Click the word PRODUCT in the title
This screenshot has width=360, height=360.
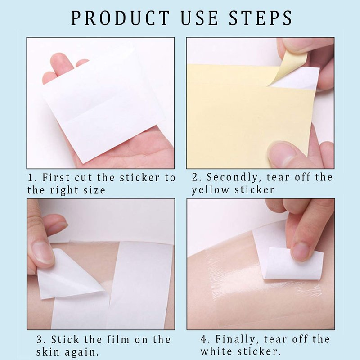[120, 18]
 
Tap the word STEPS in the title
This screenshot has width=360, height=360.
[261, 18]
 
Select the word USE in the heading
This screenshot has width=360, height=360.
[199, 18]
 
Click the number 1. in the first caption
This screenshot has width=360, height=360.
[32, 178]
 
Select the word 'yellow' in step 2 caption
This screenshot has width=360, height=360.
[210, 190]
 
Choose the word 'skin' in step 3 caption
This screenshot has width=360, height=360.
[47, 352]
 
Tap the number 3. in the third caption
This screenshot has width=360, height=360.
[41, 340]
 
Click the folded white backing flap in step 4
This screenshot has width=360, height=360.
[293, 264]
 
